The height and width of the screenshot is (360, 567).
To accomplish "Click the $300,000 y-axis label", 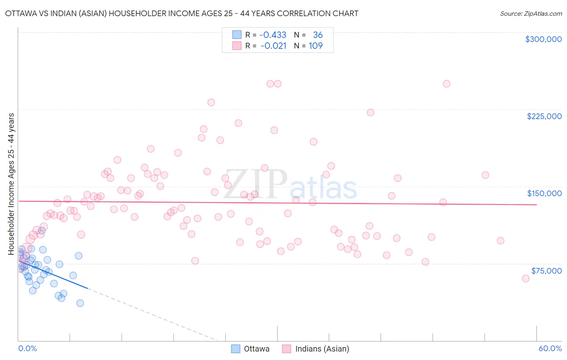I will (x=543, y=39).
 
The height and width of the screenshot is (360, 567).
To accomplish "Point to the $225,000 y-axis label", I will (x=544, y=116).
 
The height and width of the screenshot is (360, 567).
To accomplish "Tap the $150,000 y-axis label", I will (x=544, y=193).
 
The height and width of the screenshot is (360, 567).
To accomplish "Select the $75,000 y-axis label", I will (x=546, y=271).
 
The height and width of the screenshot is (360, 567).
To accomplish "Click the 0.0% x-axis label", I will (x=27, y=348).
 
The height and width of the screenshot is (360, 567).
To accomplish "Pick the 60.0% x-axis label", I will (x=550, y=348).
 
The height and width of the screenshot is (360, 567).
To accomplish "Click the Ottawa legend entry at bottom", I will (x=250, y=349).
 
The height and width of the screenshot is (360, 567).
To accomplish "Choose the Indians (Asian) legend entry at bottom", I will (x=316, y=349).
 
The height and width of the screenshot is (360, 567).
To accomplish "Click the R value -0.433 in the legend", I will (x=273, y=35).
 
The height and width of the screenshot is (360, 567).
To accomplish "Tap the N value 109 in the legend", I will (x=316, y=46).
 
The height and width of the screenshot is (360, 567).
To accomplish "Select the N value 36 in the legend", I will (x=318, y=35).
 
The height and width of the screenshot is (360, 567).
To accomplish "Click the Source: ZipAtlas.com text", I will (x=531, y=14).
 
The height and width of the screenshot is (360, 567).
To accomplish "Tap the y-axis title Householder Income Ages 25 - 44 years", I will (x=11, y=184).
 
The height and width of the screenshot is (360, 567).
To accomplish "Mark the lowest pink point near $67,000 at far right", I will (x=525, y=278).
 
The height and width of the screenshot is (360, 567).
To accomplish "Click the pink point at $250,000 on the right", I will (x=446, y=84).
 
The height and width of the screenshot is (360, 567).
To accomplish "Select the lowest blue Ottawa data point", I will (x=80, y=303).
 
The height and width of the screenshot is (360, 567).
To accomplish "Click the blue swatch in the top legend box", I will (x=237, y=35).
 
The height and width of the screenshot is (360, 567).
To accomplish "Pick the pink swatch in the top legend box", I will (x=237, y=46).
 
